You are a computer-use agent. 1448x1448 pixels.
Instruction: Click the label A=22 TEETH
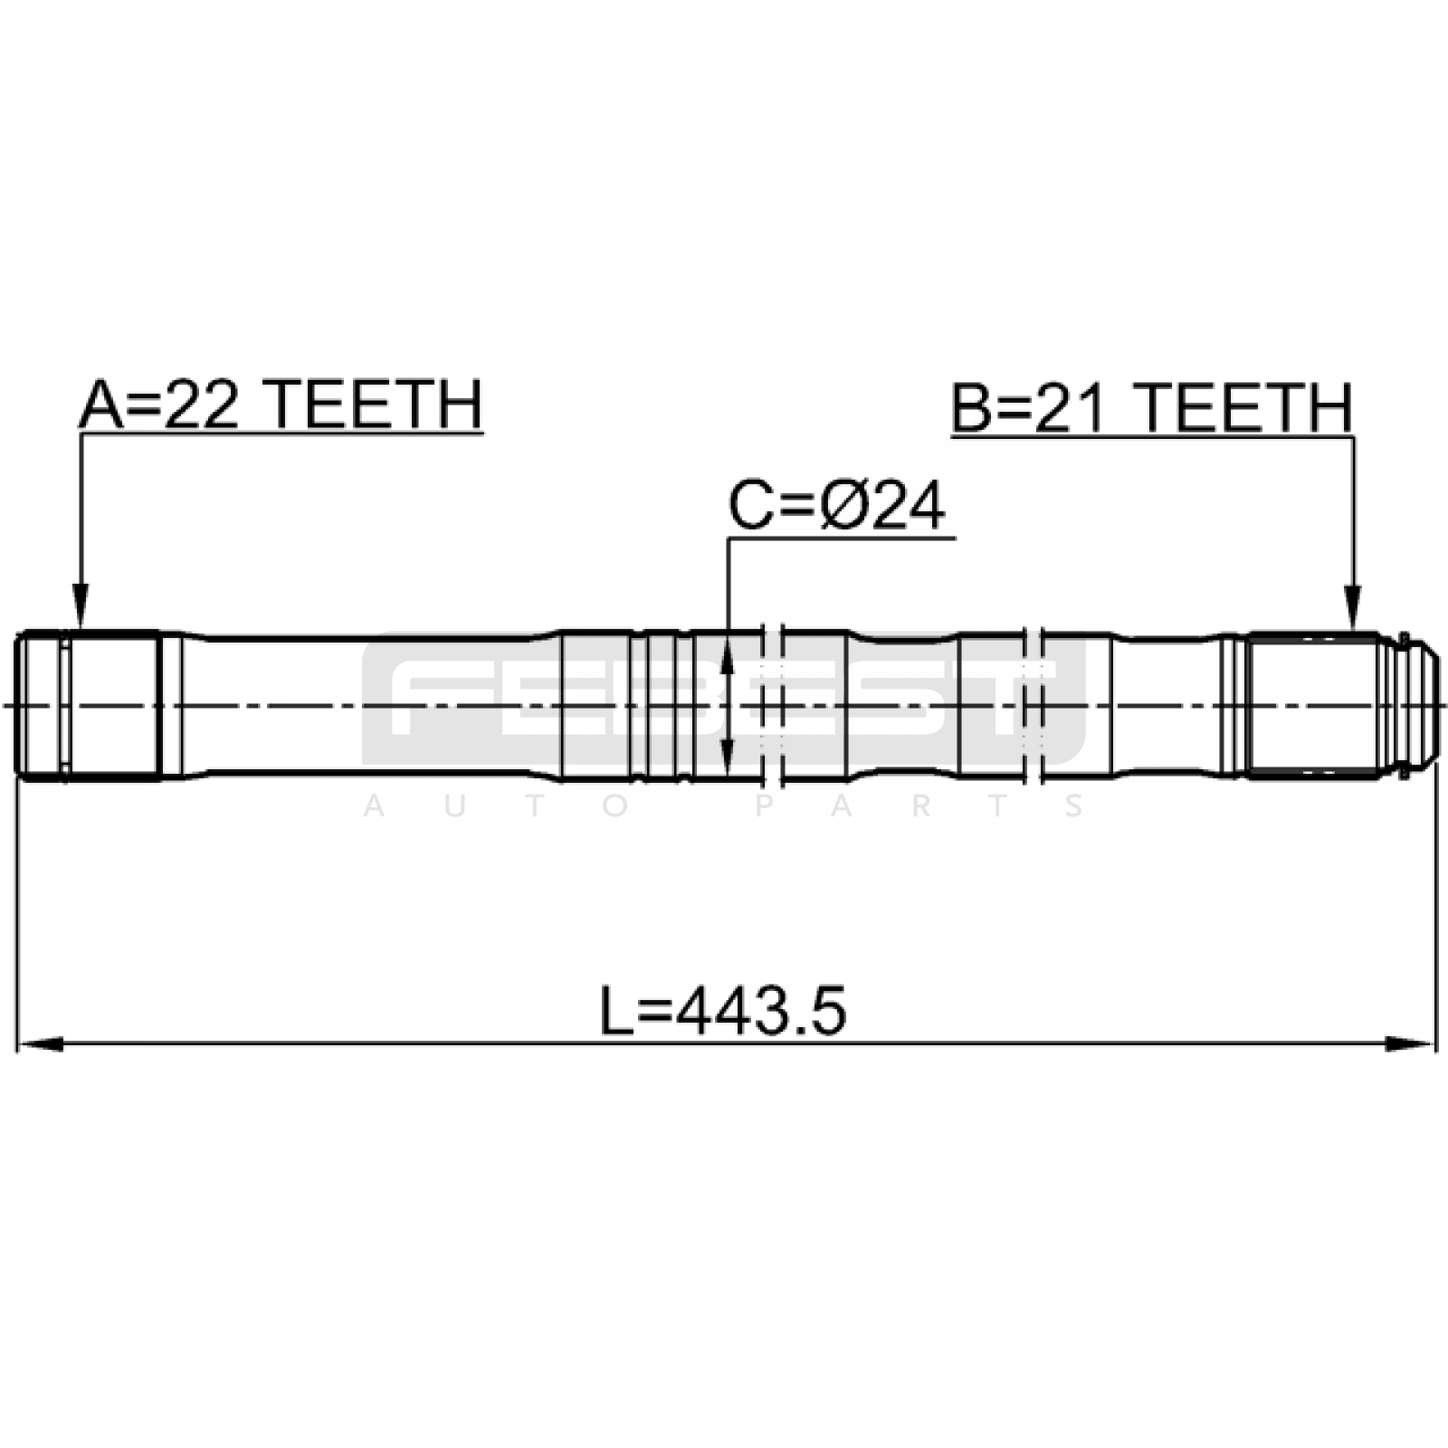pos(281,405)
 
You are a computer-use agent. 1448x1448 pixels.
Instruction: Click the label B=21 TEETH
pos(1152,408)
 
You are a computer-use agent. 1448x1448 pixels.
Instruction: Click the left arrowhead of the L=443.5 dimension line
pos(40,1043)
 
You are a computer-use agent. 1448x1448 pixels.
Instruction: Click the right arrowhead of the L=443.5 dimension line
pos(1413,1043)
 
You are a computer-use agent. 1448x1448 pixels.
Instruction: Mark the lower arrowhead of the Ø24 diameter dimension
pos(726,756)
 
